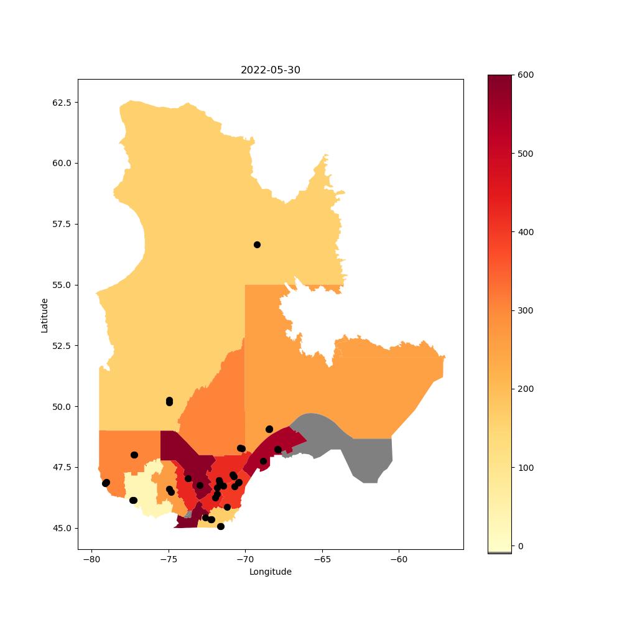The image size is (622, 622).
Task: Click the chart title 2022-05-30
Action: point(271,70)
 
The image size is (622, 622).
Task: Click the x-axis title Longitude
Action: point(271,572)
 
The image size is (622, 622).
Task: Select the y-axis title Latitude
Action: point(44,315)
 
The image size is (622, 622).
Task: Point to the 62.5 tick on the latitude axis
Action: point(62,103)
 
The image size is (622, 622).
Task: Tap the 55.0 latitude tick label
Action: point(62,285)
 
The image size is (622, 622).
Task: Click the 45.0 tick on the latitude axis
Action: point(62,528)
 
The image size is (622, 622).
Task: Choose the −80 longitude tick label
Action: point(91,559)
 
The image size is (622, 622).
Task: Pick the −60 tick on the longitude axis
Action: point(399,559)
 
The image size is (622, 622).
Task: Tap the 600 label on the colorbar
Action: point(526,75)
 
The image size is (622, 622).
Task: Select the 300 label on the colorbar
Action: point(526,310)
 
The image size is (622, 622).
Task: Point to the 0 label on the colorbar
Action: point(521,546)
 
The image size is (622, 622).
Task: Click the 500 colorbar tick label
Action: point(526,154)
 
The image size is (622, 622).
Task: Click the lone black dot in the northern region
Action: point(257,244)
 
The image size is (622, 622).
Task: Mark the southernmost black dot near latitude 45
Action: point(221,526)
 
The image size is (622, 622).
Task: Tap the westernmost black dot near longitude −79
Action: point(106,483)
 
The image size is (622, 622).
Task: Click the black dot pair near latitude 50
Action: point(169,401)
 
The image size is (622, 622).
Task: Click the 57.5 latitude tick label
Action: point(62,224)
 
